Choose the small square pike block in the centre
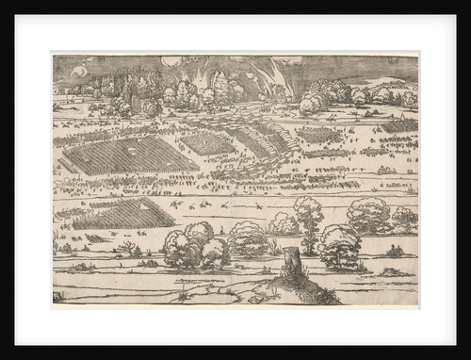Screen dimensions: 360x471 coord(207,143)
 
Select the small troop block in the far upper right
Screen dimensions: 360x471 coord(399,125)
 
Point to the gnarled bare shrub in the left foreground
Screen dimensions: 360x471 coord(125,249)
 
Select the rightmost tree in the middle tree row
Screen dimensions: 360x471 coord(404,220)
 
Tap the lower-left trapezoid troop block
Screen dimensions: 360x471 coord(122,213)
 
